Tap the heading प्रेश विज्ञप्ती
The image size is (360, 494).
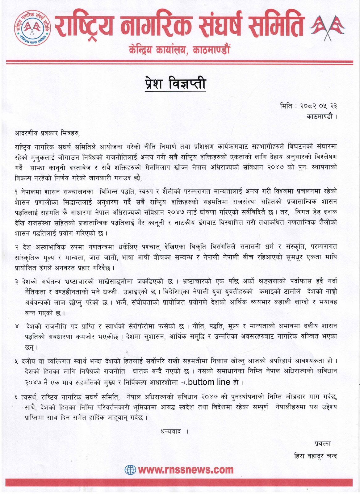click(175, 84)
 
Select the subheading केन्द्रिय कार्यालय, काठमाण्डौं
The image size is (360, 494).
click(179, 49)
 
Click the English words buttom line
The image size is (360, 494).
click(209, 382)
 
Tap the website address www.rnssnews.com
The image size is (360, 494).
click(186, 470)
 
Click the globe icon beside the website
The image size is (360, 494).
click(130, 470)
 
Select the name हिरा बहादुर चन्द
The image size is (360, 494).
click(316, 456)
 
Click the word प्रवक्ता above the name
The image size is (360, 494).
click(323, 444)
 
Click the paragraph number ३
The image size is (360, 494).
click(16, 282)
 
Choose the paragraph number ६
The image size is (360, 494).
click(16, 396)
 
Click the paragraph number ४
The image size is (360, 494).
click(17, 326)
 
